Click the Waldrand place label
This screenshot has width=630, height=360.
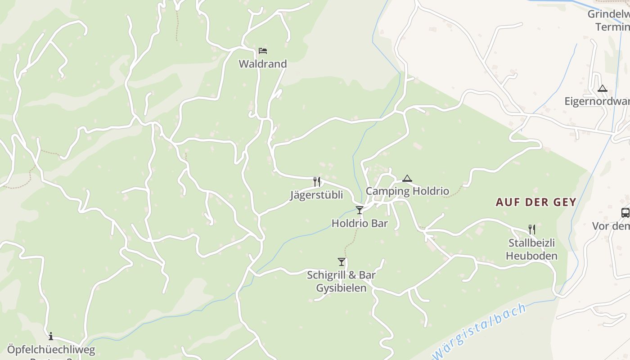pyautogui.click(x=262, y=64)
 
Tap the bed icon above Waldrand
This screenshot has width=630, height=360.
pyautogui.click(x=263, y=50)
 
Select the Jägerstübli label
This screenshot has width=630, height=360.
pyautogui.click(x=316, y=195)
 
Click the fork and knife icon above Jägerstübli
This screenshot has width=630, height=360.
pyautogui.click(x=317, y=182)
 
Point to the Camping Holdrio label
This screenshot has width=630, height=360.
pyautogui.click(x=407, y=191)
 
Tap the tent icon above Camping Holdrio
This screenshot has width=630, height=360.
pyautogui.click(x=407, y=178)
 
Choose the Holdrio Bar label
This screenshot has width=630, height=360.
pyautogui.click(x=360, y=223)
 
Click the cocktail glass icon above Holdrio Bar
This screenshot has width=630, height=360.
pyautogui.click(x=360, y=210)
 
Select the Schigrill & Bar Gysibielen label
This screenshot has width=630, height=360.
pyautogui.click(x=341, y=281)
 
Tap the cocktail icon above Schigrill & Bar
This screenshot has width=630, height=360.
pyautogui.click(x=342, y=261)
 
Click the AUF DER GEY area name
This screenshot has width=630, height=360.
pyautogui.click(x=536, y=202)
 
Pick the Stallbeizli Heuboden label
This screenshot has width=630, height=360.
pyautogui.click(x=531, y=249)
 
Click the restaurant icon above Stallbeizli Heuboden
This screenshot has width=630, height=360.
pyautogui.click(x=532, y=229)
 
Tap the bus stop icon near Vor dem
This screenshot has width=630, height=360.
pyautogui.click(x=625, y=213)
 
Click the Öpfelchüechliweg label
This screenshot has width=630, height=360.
pyautogui.click(x=51, y=350)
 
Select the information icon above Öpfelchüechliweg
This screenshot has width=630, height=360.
pyautogui.click(x=51, y=336)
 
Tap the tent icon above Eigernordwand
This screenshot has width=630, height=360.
pyautogui.click(x=603, y=88)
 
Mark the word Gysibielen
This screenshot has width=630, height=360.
pyautogui.click(x=341, y=288)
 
